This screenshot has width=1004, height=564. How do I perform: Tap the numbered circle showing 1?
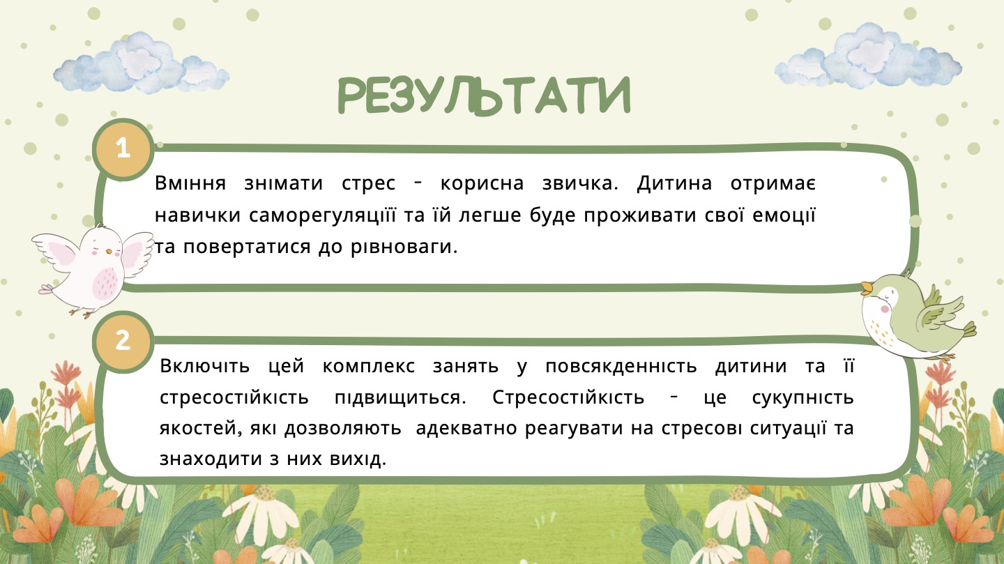pyautogui.click(x=123, y=148)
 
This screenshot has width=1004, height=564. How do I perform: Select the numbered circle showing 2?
pyautogui.click(x=123, y=341)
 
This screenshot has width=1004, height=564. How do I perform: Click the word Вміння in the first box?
pyautogui.click(x=190, y=183)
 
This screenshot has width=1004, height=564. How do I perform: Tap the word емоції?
pyautogui.click(x=782, y=215)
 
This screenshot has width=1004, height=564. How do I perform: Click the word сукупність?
pyautogui.click(x=803, y=398)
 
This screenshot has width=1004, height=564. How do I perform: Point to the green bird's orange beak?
pyautogui.click(x=867, y=288)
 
